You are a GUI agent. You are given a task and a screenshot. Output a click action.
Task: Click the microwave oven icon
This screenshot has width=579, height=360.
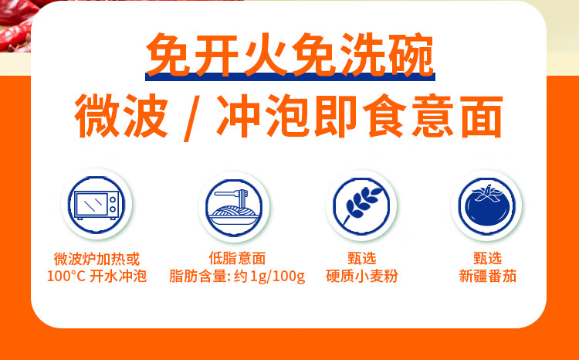point(96,205)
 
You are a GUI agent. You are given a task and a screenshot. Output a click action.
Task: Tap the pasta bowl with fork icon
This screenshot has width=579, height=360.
point(234,207)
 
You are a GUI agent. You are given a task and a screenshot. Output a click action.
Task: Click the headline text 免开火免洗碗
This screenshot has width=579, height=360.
point(289,54)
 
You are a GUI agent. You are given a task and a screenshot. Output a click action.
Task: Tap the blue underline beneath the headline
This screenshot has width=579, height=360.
point(290,76)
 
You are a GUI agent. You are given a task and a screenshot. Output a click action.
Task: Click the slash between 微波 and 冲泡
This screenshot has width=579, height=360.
point(191,118)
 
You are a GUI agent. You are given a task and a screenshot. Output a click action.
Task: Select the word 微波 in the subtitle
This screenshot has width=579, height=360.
point(121,116)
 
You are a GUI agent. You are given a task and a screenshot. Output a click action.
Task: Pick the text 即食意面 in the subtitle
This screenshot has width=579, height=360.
point(408,116)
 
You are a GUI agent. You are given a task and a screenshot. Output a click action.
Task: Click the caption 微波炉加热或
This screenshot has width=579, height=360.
point(96,259)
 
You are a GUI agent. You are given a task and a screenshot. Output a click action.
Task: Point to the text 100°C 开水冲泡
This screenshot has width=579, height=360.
point(96,276)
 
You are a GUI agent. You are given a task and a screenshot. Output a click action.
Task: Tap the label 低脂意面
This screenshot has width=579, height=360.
point(237,258)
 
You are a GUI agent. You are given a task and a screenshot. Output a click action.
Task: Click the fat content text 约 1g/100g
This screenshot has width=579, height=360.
point(269,277)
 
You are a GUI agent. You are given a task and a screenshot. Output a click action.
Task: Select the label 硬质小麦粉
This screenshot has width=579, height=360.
point(361,276)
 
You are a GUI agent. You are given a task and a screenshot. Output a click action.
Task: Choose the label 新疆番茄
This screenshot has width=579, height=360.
point(487,276)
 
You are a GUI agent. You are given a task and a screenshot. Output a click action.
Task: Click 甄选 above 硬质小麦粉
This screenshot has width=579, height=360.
point(362,258)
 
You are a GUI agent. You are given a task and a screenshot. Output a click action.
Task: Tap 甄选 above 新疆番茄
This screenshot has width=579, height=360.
point(487,258)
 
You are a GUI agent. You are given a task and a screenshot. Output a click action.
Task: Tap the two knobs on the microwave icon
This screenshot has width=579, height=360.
point(113,205)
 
